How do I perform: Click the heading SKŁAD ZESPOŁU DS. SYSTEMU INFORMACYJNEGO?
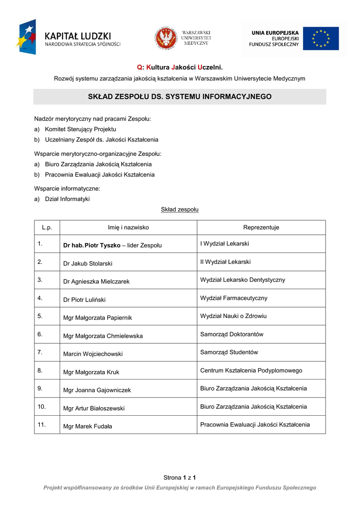[180, 97]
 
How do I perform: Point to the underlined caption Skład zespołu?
[180, 209]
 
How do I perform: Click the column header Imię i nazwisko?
[128, 227]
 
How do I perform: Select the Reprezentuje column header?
[261, 227]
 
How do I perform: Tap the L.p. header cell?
[47, 227]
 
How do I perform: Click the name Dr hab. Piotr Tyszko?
[92, 245]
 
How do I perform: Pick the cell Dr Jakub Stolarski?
[88, 263]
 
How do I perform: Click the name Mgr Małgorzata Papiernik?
[97, 317]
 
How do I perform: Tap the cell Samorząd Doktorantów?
[231, 334]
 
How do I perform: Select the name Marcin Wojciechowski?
[93, 354]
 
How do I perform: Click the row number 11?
[42, 424]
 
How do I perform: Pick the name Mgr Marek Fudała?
[87, 426]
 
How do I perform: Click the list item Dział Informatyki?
[67, 199]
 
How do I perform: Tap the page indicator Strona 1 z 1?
[180, 477]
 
